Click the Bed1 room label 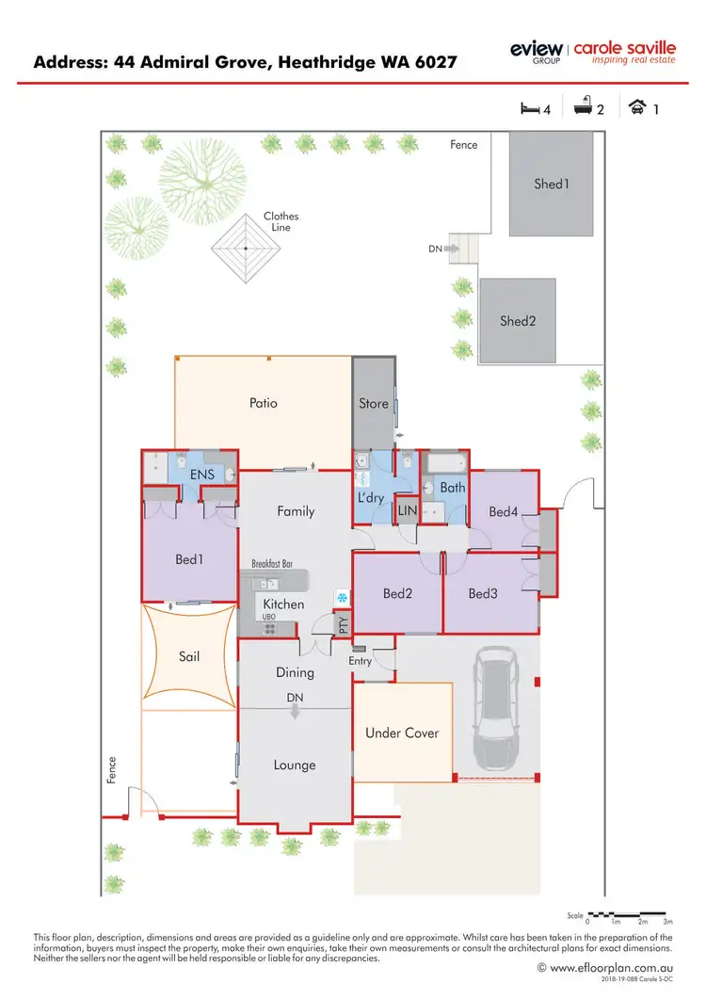pyautogui.click(x=189, y=559)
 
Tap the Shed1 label pyautogui.click(x=552, y=184)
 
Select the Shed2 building pyautogui.click(x=517, y=320)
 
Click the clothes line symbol pyautogui.click(x=246, y=248)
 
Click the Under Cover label pyautogui.click(x=402, y=733)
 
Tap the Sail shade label pyautogui.click(x=188, y=655)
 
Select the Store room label pyautogui.click(x=374, y=403)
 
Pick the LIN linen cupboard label pyautogui.click(x=407, y=509)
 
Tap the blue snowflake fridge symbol pyautogui.click(x=342, y=597)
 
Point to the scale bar pyautogui.click(x=628, y=914)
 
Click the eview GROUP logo pyautogui.click(x=537, y=51)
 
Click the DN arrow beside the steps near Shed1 pyautogui.click(x=451, y=249)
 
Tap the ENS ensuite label pyautogui.click(x=202, y=475)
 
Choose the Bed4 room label pyautogui.click(x=504, y=511)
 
